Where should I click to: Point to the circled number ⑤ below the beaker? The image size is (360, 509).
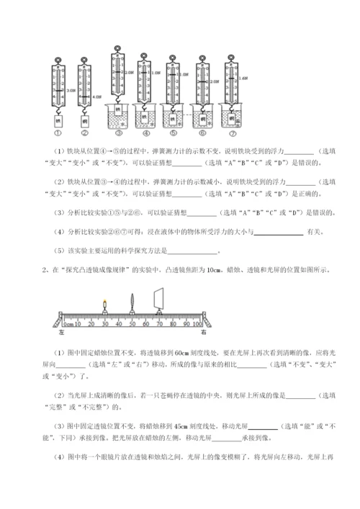coord(174,134)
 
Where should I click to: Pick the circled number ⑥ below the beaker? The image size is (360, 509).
coord(203,134)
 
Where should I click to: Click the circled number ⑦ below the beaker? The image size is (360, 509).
coord(233,134)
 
